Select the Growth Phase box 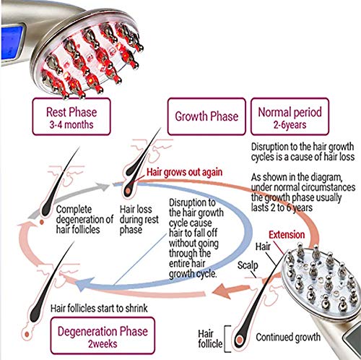click(207, 116)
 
